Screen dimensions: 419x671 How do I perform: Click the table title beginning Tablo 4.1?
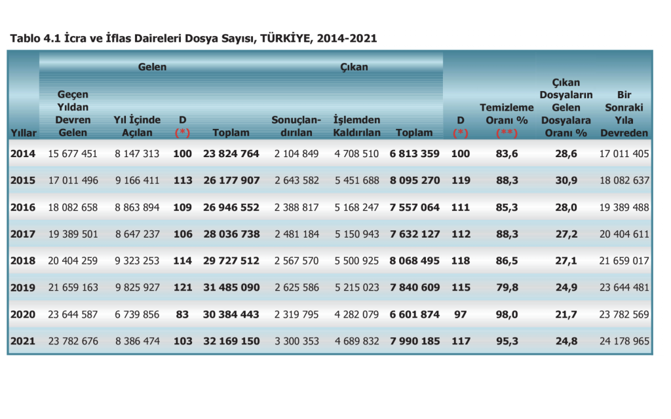pos(193,38)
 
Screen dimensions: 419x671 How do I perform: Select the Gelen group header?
pos(152,67)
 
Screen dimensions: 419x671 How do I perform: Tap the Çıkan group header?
pos(354,67)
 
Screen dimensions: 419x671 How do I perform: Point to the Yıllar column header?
pos(24,133)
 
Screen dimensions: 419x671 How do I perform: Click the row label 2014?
pos(23,154)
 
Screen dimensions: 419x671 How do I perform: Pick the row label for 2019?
pos(23,287)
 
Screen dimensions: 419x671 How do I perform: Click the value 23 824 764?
pos(231,154)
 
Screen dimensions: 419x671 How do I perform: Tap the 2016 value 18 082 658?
pos(73,208)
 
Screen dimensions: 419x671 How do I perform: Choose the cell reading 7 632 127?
pos(415,234)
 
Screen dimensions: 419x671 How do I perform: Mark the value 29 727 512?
pos(231,261)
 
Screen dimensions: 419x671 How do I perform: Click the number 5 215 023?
pos(356,287)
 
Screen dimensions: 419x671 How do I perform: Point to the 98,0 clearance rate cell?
pos(507,314)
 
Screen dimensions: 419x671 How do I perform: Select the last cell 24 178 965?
pos(624,341)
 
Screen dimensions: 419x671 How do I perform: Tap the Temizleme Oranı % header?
pos(507,114)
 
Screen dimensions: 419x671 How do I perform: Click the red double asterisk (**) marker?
pos(507,133)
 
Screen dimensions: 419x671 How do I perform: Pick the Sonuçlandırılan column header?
pos(297,126)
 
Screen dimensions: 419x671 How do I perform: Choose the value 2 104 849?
pos(297,154)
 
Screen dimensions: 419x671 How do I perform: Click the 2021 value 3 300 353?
pos(297,341)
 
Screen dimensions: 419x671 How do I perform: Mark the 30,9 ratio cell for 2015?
pos(566,181)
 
